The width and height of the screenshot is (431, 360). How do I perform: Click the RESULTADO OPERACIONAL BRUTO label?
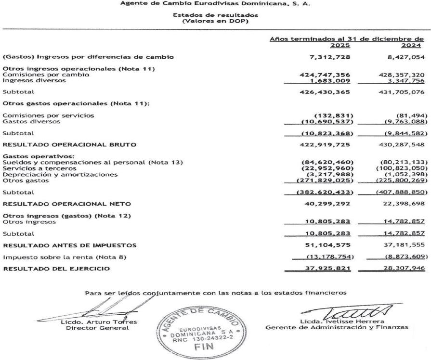pyautogui.click(x=70, y=131)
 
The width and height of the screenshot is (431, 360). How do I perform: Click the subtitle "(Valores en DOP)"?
pyautogui.click(x=215, y=21)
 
